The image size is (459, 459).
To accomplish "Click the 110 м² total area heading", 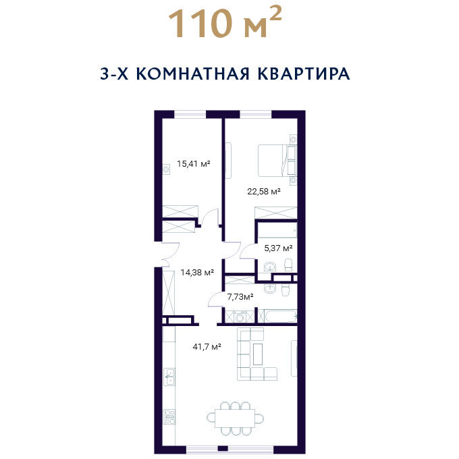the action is point(225,24).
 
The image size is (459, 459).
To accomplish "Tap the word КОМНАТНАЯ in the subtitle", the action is point(192,74).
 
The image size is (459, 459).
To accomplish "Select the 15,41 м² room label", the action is point(194,163).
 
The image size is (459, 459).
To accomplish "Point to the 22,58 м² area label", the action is point(264,192).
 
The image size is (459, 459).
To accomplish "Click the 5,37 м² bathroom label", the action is point(278,248).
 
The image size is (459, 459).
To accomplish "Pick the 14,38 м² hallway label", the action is point(197,273).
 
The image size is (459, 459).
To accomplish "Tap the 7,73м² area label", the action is point(240,297).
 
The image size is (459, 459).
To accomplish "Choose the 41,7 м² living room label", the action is point(207,347).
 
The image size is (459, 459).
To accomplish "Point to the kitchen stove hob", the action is point(170,416).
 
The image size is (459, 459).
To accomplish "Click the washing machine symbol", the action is point(240,317).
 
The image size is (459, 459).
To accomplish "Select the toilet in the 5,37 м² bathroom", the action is point(289,265).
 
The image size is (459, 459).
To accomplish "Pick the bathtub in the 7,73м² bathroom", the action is point(281,316).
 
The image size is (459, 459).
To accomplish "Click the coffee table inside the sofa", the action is point(258,354).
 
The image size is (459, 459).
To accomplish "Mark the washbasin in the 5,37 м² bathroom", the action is point(269,267).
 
